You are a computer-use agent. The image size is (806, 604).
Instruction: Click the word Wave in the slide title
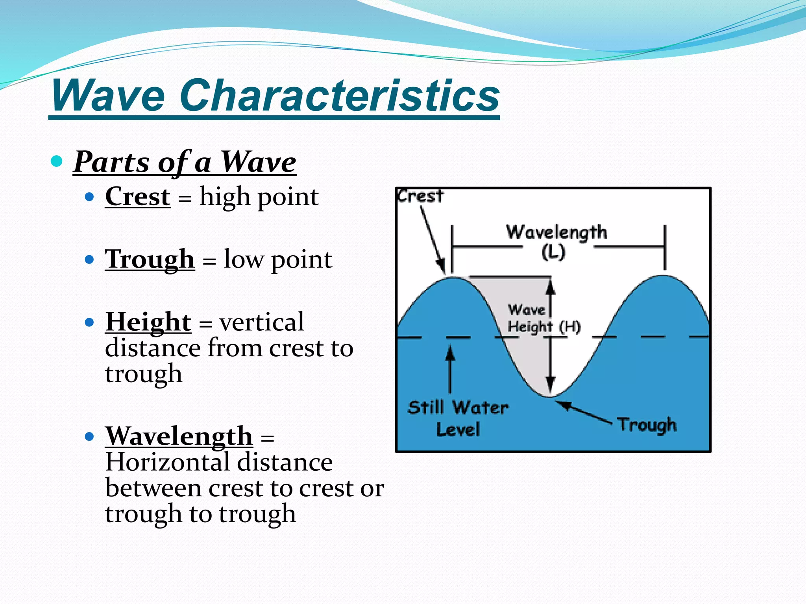(x=108, y=96)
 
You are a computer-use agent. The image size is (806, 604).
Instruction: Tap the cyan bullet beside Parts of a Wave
(x=57, y=161)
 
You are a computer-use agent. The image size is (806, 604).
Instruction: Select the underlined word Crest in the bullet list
(x=138, y=196)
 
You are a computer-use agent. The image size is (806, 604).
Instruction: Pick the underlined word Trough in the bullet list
(x=150, y=259)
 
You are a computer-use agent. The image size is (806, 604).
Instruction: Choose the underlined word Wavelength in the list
(x=179, y=436)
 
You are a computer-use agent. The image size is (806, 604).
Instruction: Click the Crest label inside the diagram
(x=420, y=196)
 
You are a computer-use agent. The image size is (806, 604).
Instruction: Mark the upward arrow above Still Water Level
(x=450, y=368)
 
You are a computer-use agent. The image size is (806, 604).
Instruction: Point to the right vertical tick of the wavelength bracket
(x=665, y=247)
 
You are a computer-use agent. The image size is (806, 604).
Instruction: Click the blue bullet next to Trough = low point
(x=90, y=260)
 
